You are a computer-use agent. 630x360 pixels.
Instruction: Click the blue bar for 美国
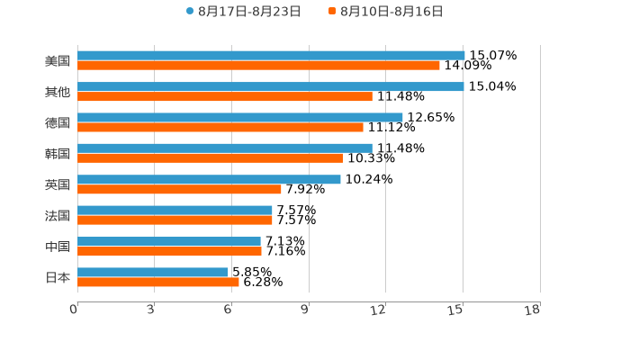coord(271,55)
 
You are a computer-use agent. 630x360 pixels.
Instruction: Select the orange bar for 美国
coord(258,66)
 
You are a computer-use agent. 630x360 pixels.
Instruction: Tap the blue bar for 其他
coord(270,86)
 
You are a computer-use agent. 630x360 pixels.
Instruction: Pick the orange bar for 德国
coord(220,127)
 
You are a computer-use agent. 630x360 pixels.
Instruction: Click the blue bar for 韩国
coord(225,148)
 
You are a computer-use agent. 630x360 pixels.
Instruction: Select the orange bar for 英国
coord(179,189)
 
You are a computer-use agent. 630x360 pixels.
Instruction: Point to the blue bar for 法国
coord(175,210)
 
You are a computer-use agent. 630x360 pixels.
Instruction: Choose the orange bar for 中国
coord(169,251)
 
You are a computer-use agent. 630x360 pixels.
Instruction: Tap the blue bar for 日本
coord(153,272)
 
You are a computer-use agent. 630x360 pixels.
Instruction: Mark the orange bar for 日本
coord(158,283)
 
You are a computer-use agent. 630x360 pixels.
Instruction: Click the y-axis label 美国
coord(58,61)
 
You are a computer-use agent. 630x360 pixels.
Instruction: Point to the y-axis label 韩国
coord(58,154)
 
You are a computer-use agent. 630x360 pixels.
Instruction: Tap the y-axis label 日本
coord(58,278)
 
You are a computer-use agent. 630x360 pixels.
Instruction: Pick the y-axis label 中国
coord(58,247)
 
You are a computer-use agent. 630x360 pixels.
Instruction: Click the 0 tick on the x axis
coord(74,310)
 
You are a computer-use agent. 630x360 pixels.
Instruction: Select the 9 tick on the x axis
coord(306,310)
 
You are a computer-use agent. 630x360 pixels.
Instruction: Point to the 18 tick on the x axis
coord(533,310)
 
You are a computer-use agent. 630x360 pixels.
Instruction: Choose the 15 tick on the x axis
coord(455,310)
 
